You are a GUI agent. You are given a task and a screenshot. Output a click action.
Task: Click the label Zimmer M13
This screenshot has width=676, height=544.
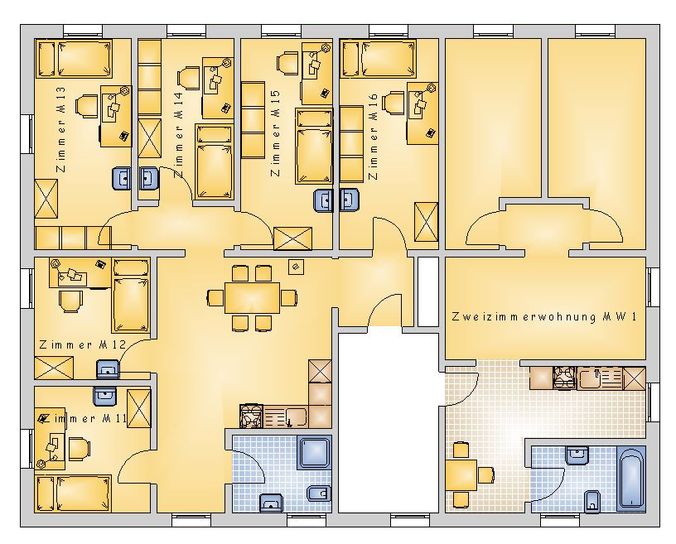(61, 129)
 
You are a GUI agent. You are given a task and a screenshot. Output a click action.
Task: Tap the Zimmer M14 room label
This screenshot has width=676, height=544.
(178, 134)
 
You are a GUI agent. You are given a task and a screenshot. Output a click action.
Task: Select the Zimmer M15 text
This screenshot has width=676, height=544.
(275, 132)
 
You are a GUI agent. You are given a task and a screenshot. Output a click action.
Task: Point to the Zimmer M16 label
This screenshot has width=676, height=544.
(373, 137)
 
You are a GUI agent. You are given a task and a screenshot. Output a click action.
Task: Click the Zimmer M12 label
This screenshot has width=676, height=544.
(82, 344)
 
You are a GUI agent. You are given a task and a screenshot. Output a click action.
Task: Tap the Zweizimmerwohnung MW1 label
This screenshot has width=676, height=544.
(544, 317)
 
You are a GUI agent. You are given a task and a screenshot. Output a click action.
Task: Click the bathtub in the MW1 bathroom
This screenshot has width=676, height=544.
(631, 479)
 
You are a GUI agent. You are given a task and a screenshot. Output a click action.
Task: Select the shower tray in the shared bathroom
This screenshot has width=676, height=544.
(314, 452)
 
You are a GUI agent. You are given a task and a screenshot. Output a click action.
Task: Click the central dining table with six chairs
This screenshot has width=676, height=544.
(252, 298)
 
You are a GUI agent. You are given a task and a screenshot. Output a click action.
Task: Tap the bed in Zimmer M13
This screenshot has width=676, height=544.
(74, 59)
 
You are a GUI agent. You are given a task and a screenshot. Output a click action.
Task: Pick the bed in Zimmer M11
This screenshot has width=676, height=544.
(73, 493)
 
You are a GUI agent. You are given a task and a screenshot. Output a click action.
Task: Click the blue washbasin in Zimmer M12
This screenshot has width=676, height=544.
(108, 369)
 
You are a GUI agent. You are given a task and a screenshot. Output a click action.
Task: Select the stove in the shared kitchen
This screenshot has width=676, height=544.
(251, 416)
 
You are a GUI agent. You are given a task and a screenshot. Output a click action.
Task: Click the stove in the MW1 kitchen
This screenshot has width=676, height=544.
(564, 378)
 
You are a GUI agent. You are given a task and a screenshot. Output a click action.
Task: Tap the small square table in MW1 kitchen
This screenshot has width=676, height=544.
(461, 474)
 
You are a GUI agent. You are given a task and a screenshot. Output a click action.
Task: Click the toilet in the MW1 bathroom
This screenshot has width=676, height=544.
(592, 501)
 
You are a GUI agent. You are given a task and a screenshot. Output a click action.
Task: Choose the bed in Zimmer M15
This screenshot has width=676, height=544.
(314, 146)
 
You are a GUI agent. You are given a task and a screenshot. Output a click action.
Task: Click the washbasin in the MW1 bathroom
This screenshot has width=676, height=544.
(577, 455)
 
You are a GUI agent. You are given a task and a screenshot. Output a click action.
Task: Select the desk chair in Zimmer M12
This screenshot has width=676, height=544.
(70, 301)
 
